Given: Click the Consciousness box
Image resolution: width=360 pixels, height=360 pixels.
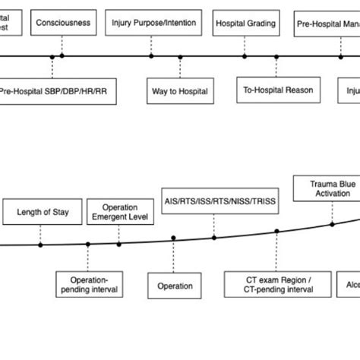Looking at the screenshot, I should tap(62, 23).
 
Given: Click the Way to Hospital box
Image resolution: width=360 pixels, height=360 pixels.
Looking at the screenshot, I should tap(180, 90).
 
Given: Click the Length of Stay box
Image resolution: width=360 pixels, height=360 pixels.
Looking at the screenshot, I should tap(43, 212).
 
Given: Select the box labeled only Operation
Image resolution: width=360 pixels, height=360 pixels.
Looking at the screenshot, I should tap(175, 286).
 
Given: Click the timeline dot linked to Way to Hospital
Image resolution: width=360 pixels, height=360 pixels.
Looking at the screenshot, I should tap(180, 56).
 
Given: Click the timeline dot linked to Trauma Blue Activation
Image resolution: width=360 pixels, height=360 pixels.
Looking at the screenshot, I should tap(331, 224).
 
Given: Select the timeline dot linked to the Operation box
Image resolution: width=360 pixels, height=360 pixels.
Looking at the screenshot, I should tap(174, 238).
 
